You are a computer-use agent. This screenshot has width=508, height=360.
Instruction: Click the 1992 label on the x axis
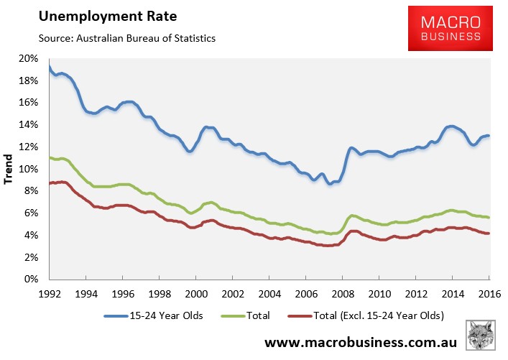pyautogui.click(x=50, y=293)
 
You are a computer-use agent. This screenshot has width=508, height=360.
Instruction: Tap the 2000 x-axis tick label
pyautogui.click(x=196, y=293)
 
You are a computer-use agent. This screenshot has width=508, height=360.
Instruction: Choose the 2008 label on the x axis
pyautogui.click(x=343, y=293)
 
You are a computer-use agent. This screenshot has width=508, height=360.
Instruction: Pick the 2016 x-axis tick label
pyautogui.click(x=489, y=293)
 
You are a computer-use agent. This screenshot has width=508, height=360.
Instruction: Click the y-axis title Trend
pyautogui.click(x=10, y=169)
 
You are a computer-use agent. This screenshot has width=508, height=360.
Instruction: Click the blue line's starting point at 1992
pyautogui.click(x=50, y=67)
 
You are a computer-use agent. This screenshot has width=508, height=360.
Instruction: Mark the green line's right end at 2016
pyautogui.click(x=489, y=217)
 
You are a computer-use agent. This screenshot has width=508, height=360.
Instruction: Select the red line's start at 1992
pyautogui.click(x=50, y=183)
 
